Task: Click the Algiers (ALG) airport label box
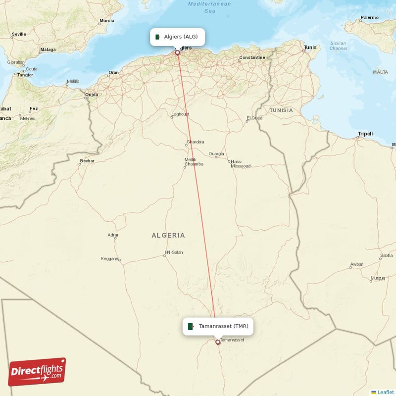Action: [177, 37]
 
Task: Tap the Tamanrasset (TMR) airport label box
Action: [218, 326]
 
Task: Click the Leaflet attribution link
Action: [385, 392]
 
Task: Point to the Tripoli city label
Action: [365, 134]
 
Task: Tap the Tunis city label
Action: [310, 48]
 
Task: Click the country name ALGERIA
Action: [168, 236]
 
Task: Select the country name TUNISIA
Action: [281, 110]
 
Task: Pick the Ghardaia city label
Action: [195, 142]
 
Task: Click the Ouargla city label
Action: [216, 154]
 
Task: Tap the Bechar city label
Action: [87, 161]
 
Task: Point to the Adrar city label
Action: [113, 235]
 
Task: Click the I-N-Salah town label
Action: [173, 252]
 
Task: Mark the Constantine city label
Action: [252, 57]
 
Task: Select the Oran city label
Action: [114, 73]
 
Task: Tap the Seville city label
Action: [19, 34]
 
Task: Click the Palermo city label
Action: [369, 17]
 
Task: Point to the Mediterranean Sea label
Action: [210, 7]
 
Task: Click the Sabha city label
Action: [386, 256]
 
